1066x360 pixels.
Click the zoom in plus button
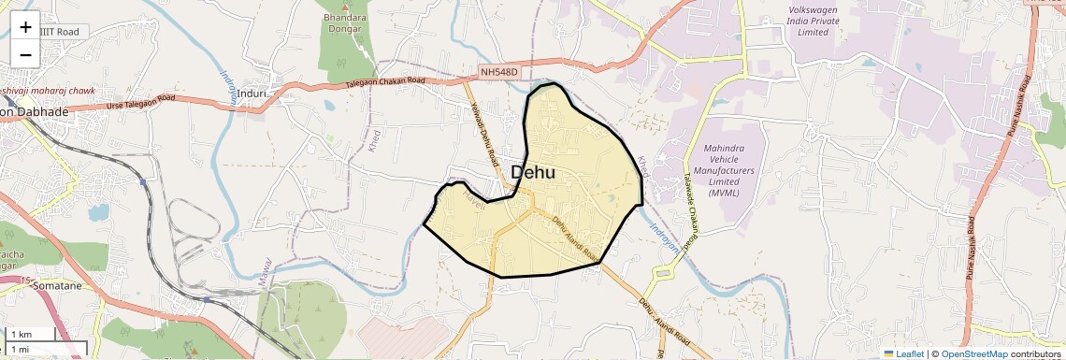click(x=25, y=27)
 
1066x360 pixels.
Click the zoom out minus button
click(x=25, y=54)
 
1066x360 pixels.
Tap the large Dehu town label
click(x=533, y=173)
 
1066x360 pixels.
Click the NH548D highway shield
click(x=497, y=72)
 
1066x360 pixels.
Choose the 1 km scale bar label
click(x=22, y=335)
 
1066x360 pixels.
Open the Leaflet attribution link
click(x=902, y=353)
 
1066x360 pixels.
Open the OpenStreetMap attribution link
click(x=973, y=353)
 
